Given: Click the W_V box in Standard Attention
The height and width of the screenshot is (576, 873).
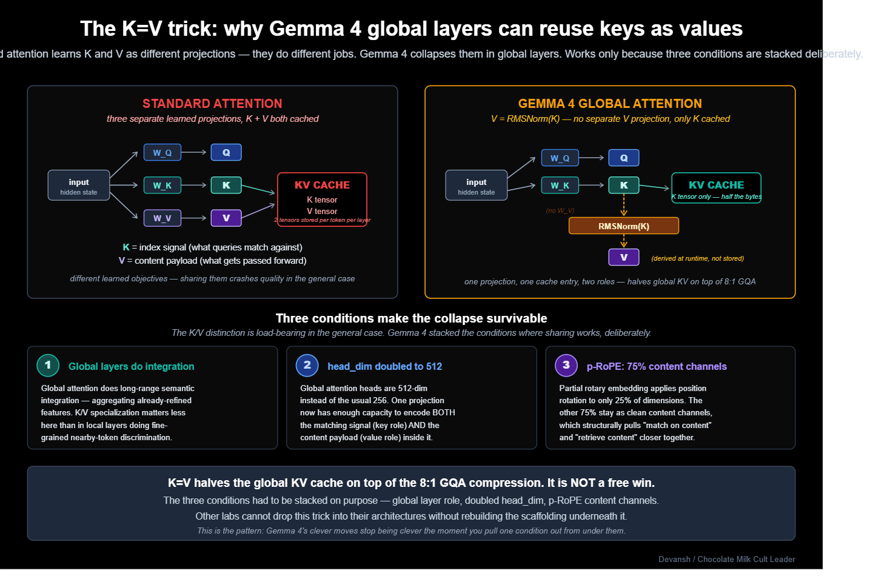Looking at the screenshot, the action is (162, 218).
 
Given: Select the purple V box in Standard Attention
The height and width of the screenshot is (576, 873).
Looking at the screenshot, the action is (226, 218).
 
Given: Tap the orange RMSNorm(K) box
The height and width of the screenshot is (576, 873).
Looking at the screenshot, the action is (623, 226).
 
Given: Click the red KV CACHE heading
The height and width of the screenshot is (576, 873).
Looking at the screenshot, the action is (322, 185).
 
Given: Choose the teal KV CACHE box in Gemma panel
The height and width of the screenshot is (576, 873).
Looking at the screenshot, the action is (716, 188).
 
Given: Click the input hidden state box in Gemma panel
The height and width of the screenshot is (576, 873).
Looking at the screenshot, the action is (476, 186).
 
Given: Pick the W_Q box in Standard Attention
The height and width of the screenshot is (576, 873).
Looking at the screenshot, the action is (162, 152).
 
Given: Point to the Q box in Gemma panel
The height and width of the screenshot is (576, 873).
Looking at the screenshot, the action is (623, 158).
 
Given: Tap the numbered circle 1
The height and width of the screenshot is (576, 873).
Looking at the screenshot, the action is (48, 365).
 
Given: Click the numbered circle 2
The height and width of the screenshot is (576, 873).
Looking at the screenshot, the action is (307, 365).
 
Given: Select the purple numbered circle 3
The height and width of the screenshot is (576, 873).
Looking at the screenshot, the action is (566, 365).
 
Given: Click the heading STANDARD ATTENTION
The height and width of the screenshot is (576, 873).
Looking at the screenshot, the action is (212, 104).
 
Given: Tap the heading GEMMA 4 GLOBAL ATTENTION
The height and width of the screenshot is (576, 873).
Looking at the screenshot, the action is (610, 104).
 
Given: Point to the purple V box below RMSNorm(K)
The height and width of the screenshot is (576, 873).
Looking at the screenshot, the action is (623, 257).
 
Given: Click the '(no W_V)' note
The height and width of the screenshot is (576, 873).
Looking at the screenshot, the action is (560, 210).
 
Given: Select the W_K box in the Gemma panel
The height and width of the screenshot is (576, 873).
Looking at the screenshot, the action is (560, 185).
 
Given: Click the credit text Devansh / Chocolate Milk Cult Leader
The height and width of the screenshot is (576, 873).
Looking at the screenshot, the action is (726, 559).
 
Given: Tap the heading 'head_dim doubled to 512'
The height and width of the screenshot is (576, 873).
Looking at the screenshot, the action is (384, 366).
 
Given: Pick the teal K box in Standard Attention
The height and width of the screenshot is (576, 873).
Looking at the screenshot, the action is (226, 185).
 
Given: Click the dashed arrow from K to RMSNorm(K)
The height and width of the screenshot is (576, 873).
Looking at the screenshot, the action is (623, 205).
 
